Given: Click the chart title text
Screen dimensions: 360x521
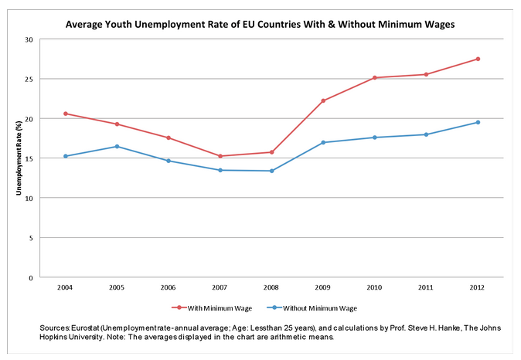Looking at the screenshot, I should click(x=260, y=24).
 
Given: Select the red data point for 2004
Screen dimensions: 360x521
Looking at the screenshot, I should click(x=66, y=114).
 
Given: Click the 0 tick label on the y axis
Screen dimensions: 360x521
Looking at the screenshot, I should click(x=32, y=277).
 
